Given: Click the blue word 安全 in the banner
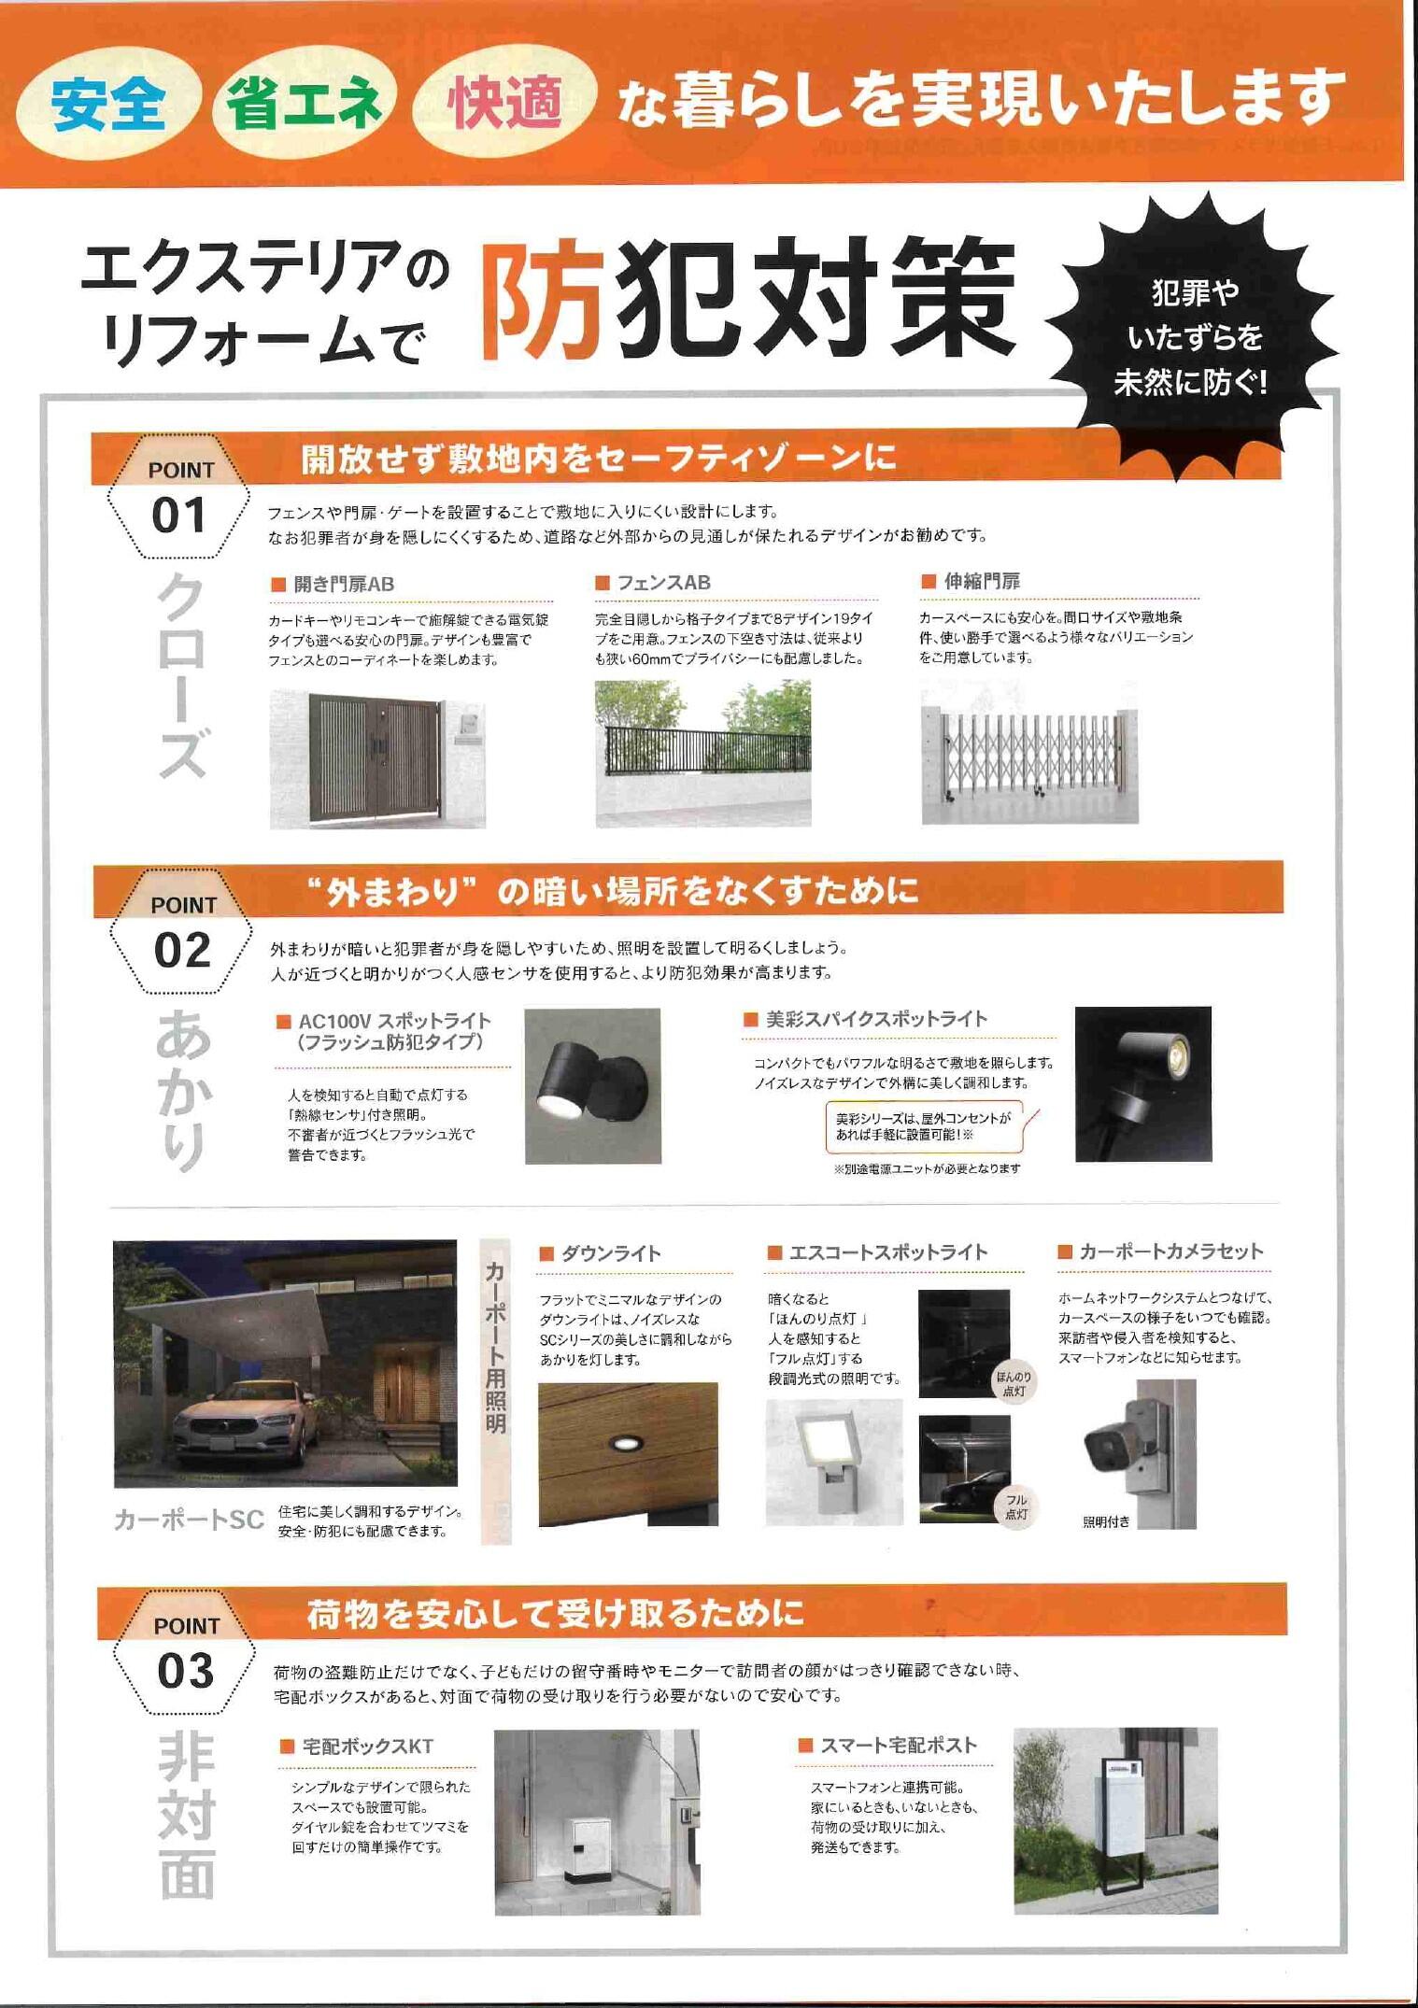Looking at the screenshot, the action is [x=108, y=104].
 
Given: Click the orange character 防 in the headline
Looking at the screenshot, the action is [x=544, y=302].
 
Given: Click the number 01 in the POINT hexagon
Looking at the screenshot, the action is [x=178, y=516].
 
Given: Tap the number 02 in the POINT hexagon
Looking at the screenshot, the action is [x=182, y=951].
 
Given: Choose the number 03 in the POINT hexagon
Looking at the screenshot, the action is [x=186, y=1671].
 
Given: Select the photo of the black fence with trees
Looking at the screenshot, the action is [x=702, y=753].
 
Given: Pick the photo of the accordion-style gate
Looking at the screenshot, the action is [x=1029, y=752].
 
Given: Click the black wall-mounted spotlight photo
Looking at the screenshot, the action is [x=593, y=1086].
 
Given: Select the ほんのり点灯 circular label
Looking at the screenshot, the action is [x=1014, y=1385].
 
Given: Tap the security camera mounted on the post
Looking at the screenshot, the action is [x=1116, y=1446].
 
